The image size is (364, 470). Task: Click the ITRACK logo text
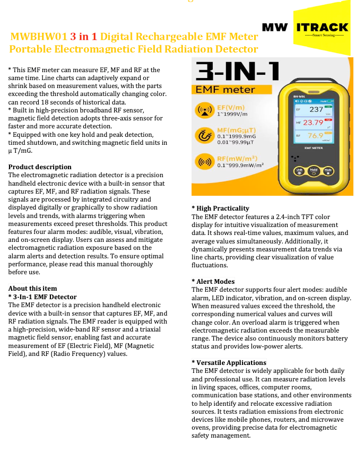click(x=323, y=27)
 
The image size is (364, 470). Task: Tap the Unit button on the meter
click(x=300, y=171)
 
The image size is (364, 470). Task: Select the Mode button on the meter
click(x=328, y=171)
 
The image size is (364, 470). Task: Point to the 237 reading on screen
click(x=316, y=109)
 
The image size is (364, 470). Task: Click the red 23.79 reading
click(x=313, y=123)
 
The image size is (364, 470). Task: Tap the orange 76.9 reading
click(x=316, y=136)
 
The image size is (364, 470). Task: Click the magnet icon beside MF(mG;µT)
click(x=204, y=136)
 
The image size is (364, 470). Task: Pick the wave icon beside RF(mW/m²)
click(x=204, y=161)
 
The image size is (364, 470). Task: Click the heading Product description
click(x=40, y=167)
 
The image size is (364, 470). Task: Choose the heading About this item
click(x=32, y=289)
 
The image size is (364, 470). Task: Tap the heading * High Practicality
click(x=220, y=208)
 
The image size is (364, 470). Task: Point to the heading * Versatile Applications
click(x=229, y=363)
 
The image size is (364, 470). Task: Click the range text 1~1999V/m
click(x=232, y=114)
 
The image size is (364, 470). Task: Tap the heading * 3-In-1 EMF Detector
click(x=42, y=297)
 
